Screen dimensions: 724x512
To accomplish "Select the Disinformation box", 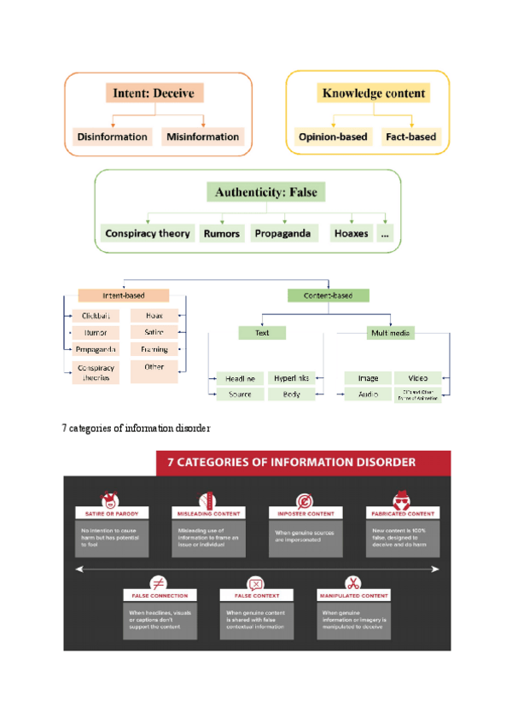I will (112, 137).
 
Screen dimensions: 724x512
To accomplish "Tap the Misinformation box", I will (203, 137).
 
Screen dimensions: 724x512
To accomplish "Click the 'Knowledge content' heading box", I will (373, 93).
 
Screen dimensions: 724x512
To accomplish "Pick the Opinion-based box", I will (332, 137).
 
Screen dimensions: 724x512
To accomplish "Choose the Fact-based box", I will (410, 137).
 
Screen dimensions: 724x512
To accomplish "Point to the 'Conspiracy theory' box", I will (148, 233).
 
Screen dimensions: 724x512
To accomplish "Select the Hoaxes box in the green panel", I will (352, 233).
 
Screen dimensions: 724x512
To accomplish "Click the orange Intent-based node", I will (124, 295).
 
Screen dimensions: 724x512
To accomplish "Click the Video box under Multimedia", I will (417, 377).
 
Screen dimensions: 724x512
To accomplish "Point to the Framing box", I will (154, 349).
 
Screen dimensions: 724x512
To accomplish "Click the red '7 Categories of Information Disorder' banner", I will (304, 462).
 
